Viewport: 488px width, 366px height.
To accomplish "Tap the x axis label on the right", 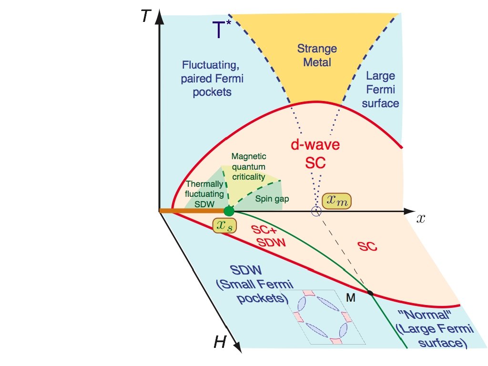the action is tap(421, 218).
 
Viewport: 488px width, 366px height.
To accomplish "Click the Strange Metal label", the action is tap(317, 55).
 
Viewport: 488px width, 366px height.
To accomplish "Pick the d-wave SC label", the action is tap(315, 154).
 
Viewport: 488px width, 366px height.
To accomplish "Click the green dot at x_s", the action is tap(229, 211).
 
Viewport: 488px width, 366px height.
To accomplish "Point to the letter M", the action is tap(350, 297).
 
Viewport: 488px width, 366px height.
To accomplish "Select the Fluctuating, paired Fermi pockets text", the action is tap(212, 77).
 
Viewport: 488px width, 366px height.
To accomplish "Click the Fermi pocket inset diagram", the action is tap(323, 316).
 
